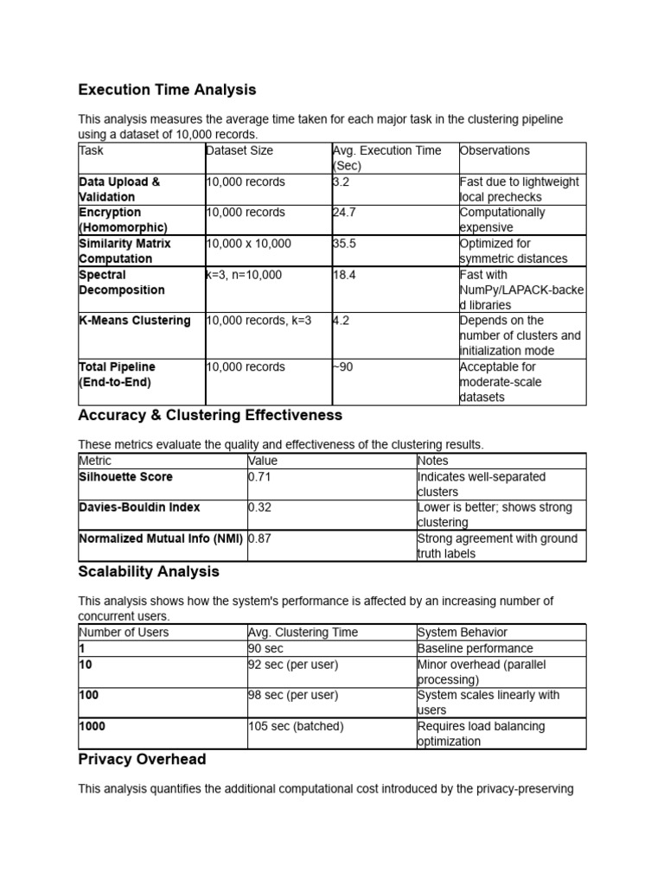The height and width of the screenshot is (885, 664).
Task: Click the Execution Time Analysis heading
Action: point(167,90)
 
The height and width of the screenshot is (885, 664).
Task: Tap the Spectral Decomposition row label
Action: point(121,283)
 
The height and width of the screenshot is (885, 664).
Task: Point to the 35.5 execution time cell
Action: point(345,244)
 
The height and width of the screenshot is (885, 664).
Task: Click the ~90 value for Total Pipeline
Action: point(343,367)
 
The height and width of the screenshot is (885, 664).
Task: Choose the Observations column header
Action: point(495,150)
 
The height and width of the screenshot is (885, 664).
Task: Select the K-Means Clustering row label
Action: point(134,321)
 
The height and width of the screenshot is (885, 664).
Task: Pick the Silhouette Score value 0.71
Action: point(259,477)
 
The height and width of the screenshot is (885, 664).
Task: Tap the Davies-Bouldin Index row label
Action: point(139,507)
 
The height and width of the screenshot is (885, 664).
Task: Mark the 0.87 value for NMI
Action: point(259,538)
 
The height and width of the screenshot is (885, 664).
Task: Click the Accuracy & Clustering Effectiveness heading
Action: point(210,416)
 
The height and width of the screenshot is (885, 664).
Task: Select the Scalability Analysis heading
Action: point(149,572)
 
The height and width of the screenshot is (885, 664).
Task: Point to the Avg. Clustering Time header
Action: point(303,633)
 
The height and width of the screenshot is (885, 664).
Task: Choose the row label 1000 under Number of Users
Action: point(93,726)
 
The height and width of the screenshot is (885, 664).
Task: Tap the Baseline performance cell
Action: point(475,648)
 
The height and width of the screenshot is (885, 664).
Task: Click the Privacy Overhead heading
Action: point(142,760)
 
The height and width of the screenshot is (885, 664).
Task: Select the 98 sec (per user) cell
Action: point(293,695)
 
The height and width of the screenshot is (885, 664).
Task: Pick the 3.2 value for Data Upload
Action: point(342,181)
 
